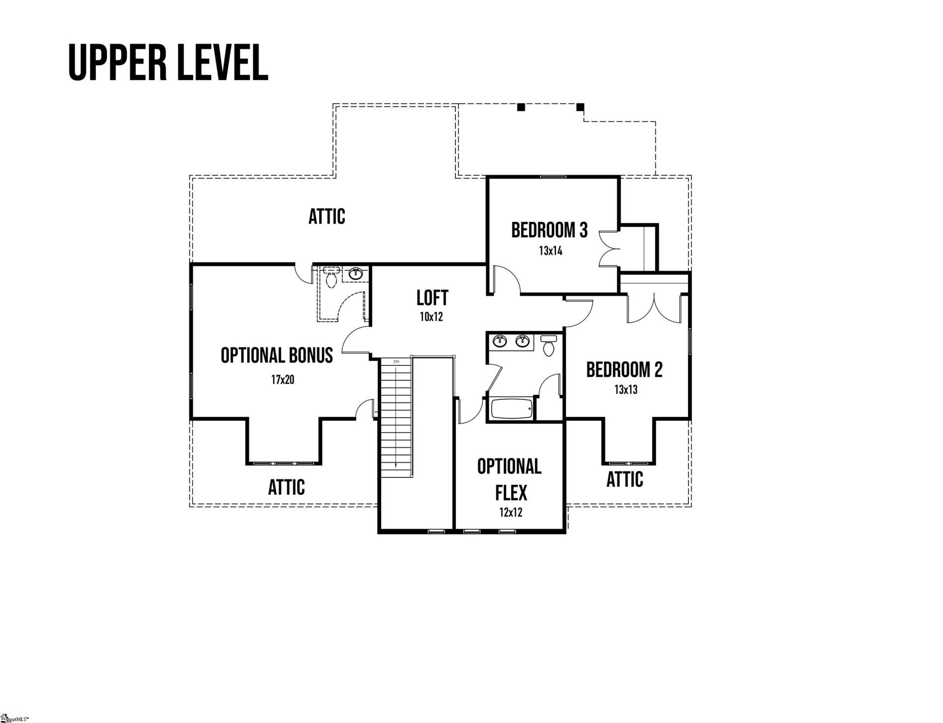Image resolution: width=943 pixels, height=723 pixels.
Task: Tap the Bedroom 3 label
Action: (x=549, y=230)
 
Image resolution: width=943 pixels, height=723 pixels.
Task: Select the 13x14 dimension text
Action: (x=550, y=251)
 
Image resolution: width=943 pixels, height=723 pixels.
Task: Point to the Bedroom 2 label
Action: (x=624, y=370)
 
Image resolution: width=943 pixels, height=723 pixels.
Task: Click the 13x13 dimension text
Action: (x=626, y=390)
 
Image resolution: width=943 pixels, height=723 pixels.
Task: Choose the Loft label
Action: (x=432, y=298)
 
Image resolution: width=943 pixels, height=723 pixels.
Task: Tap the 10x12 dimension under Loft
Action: (x=431, y=317)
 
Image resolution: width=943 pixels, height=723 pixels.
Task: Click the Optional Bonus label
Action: (x=277, y=355)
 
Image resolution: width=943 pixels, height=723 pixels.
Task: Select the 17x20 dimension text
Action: (x=282, y=380)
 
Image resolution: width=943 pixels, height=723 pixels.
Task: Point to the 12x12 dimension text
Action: (x=511, y=513)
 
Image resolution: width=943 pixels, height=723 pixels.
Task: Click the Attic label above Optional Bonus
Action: (x=327, y=216)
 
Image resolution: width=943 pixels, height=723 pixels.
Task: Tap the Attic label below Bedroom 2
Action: (x=624, y=479)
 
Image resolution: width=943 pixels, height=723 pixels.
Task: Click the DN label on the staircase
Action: (x=396, y=361)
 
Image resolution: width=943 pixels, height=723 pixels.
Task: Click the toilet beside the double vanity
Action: (x=548, y=346)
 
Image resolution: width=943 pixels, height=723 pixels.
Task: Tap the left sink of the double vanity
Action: (x=501, y=340)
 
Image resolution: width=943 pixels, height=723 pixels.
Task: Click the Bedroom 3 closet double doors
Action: (x=609, y=249)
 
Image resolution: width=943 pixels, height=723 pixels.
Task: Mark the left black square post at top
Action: (x=521, y=107)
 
